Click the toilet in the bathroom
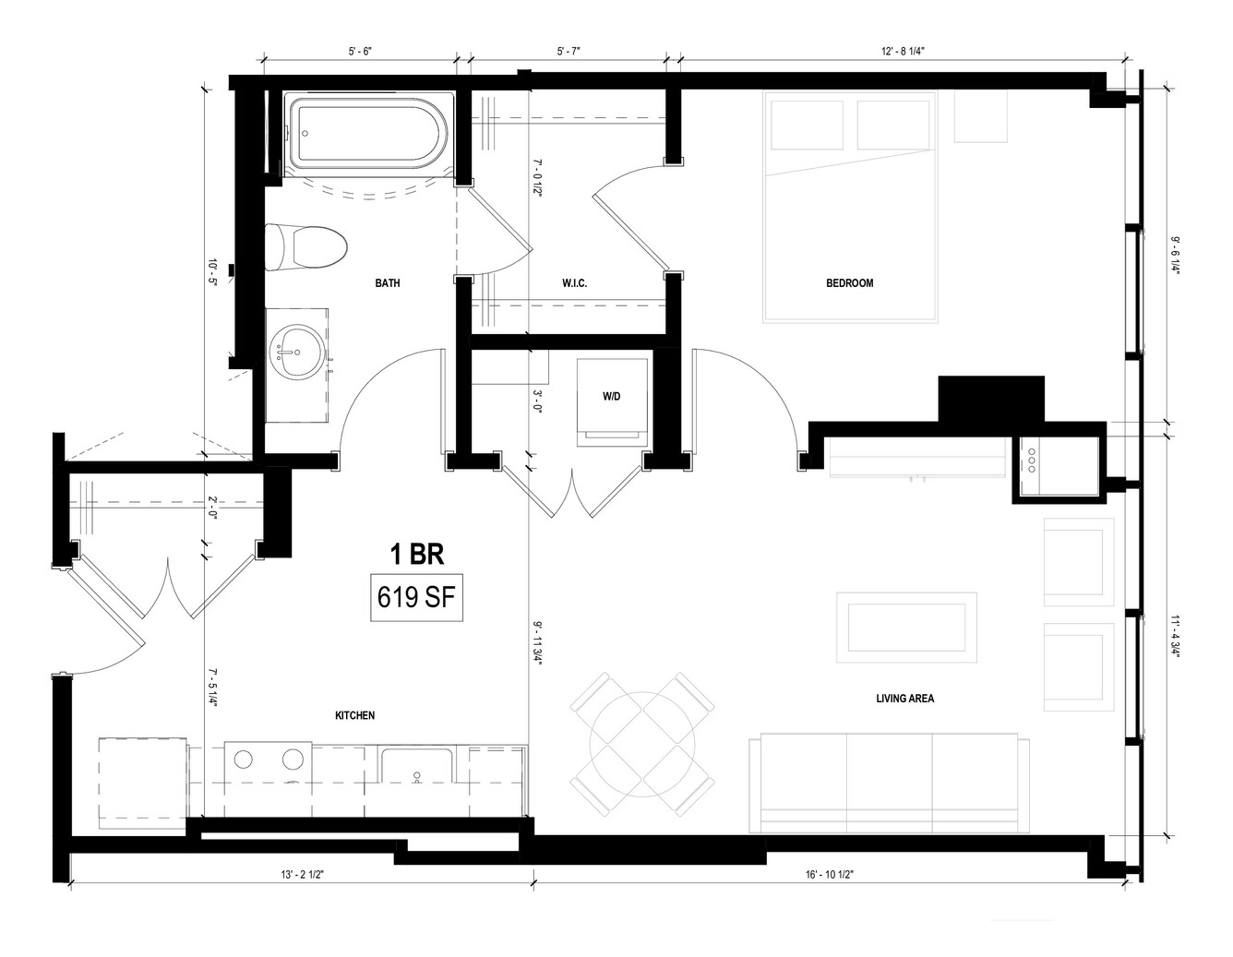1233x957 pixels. tap(305, 248)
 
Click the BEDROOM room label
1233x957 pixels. tap(849, 283)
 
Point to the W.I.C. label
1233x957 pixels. tap(574, 283)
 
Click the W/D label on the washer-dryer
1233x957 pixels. tap(611, 397)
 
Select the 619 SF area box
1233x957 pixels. tap(416, 598)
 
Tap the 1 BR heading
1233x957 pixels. tap(417, 554)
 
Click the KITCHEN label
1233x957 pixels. tap(354, 715)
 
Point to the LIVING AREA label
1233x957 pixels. tap(905, 699)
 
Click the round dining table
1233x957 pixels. tap(642, 744)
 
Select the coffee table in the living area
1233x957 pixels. tap(906, 628)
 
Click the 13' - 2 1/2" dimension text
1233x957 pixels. tap(302, 874)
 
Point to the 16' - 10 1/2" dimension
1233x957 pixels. tap(830, 874)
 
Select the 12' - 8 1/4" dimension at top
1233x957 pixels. tap(904, 51)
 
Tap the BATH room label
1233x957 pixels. tap(387, 283)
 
